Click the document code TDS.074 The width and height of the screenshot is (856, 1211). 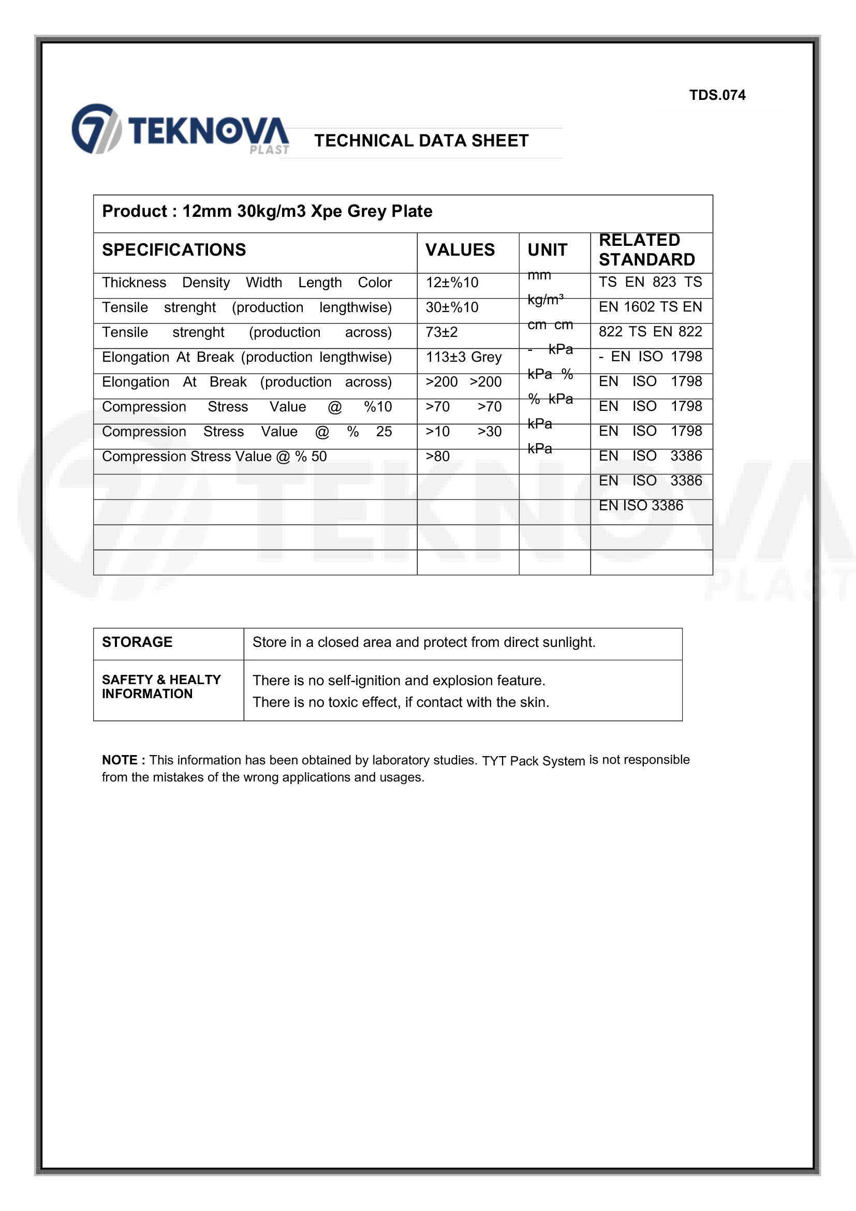tap(717, 95)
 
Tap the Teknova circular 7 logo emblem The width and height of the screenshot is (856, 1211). tap(96, 129)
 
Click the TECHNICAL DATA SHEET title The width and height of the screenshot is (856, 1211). tap(421, 141)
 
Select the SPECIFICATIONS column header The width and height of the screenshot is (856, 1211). tap(173, 250)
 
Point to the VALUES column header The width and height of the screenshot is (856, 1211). tap(460, 250)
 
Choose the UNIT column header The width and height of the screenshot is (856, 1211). tap(547, 250)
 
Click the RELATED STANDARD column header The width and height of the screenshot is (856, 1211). tap(646, 250)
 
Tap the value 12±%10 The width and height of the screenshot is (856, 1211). tap(452, 283)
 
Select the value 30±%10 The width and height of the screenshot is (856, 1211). tap(452, 307)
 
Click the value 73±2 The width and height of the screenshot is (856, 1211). tap(441, 332)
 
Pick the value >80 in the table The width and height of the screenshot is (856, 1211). tap(437, 456)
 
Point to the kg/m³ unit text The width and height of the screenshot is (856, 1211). tap(545, 300)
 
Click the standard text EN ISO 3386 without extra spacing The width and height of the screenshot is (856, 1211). tap(640, 506)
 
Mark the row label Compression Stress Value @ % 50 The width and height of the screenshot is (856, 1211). tap(214, 456)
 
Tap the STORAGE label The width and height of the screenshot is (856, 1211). tap(137, 642)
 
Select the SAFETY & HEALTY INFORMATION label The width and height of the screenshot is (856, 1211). tap(161, 687)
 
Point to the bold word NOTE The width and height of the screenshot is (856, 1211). tap(120, 760)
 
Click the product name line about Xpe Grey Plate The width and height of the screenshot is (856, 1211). tap(267, 212)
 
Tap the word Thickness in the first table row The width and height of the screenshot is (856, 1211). tap(134, 283)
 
